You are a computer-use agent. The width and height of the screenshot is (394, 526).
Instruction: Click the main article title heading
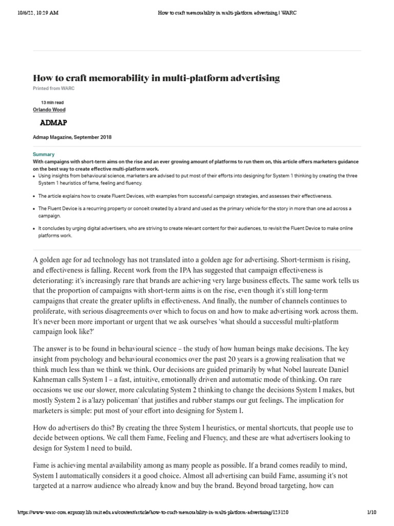coord(156,78)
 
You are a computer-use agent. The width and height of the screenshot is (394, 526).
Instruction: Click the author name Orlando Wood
coord(49,109)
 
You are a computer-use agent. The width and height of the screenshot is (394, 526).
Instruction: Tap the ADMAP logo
coord(53,123)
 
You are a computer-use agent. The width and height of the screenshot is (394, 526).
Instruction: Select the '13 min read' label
coord(52,102)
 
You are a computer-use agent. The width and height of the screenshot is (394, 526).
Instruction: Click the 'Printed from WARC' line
coord(50,88)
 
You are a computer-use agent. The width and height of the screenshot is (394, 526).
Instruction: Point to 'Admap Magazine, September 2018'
coord(72,138)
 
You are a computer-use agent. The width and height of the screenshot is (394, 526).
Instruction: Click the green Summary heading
coord(43,154)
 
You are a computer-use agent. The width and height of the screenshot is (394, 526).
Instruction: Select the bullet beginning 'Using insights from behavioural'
coord(195,179)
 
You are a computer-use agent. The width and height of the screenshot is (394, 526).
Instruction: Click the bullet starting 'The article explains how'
coord(185,196)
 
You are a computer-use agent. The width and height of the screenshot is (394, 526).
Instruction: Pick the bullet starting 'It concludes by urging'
coord(195,232)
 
